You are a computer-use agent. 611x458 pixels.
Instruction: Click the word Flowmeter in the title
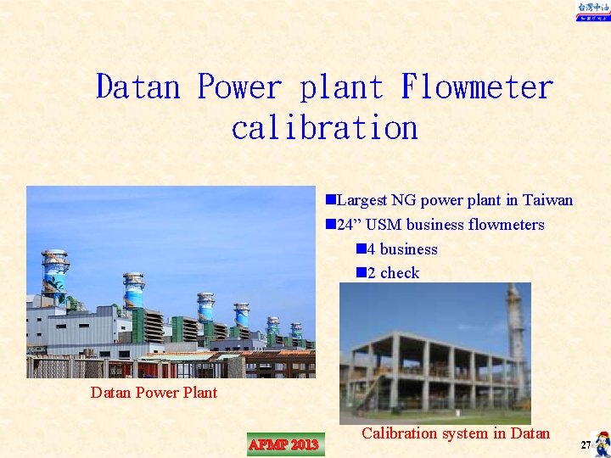pyautogui.click(x=477, y=87)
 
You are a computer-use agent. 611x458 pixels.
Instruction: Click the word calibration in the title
pyautogui.click(x=324, y=128)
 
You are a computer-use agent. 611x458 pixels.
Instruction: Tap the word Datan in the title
pyautogui.click(x=138, y=87)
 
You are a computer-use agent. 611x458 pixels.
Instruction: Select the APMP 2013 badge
pyautogui.click(x=283, y=444)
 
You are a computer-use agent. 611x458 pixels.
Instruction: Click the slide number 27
pyautogui.click(x=585, y=445)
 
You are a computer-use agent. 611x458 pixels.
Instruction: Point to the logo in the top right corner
pyautogui.click(x=592, y=11)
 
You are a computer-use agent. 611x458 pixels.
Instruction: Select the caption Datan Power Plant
pyautogui.click(x=154, y=393)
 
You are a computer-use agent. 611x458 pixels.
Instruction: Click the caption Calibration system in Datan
pyautogui.click(x=456, y=433)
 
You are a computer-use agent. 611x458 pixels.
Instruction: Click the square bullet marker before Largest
pyautogui.click(x=330, y=201)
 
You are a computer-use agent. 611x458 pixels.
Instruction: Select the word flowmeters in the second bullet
pyautogui.click(x=507, y=225)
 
